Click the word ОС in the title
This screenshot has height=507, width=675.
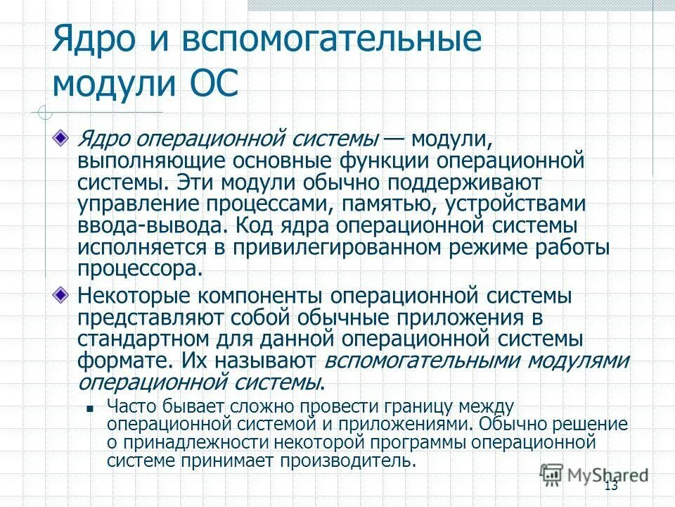pyautogui.click(x=215, y=83)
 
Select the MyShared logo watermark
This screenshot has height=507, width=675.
pyautogui.click(x=594, y=475)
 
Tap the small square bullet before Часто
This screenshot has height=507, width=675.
pyautogui.click(x=89, y=408)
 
